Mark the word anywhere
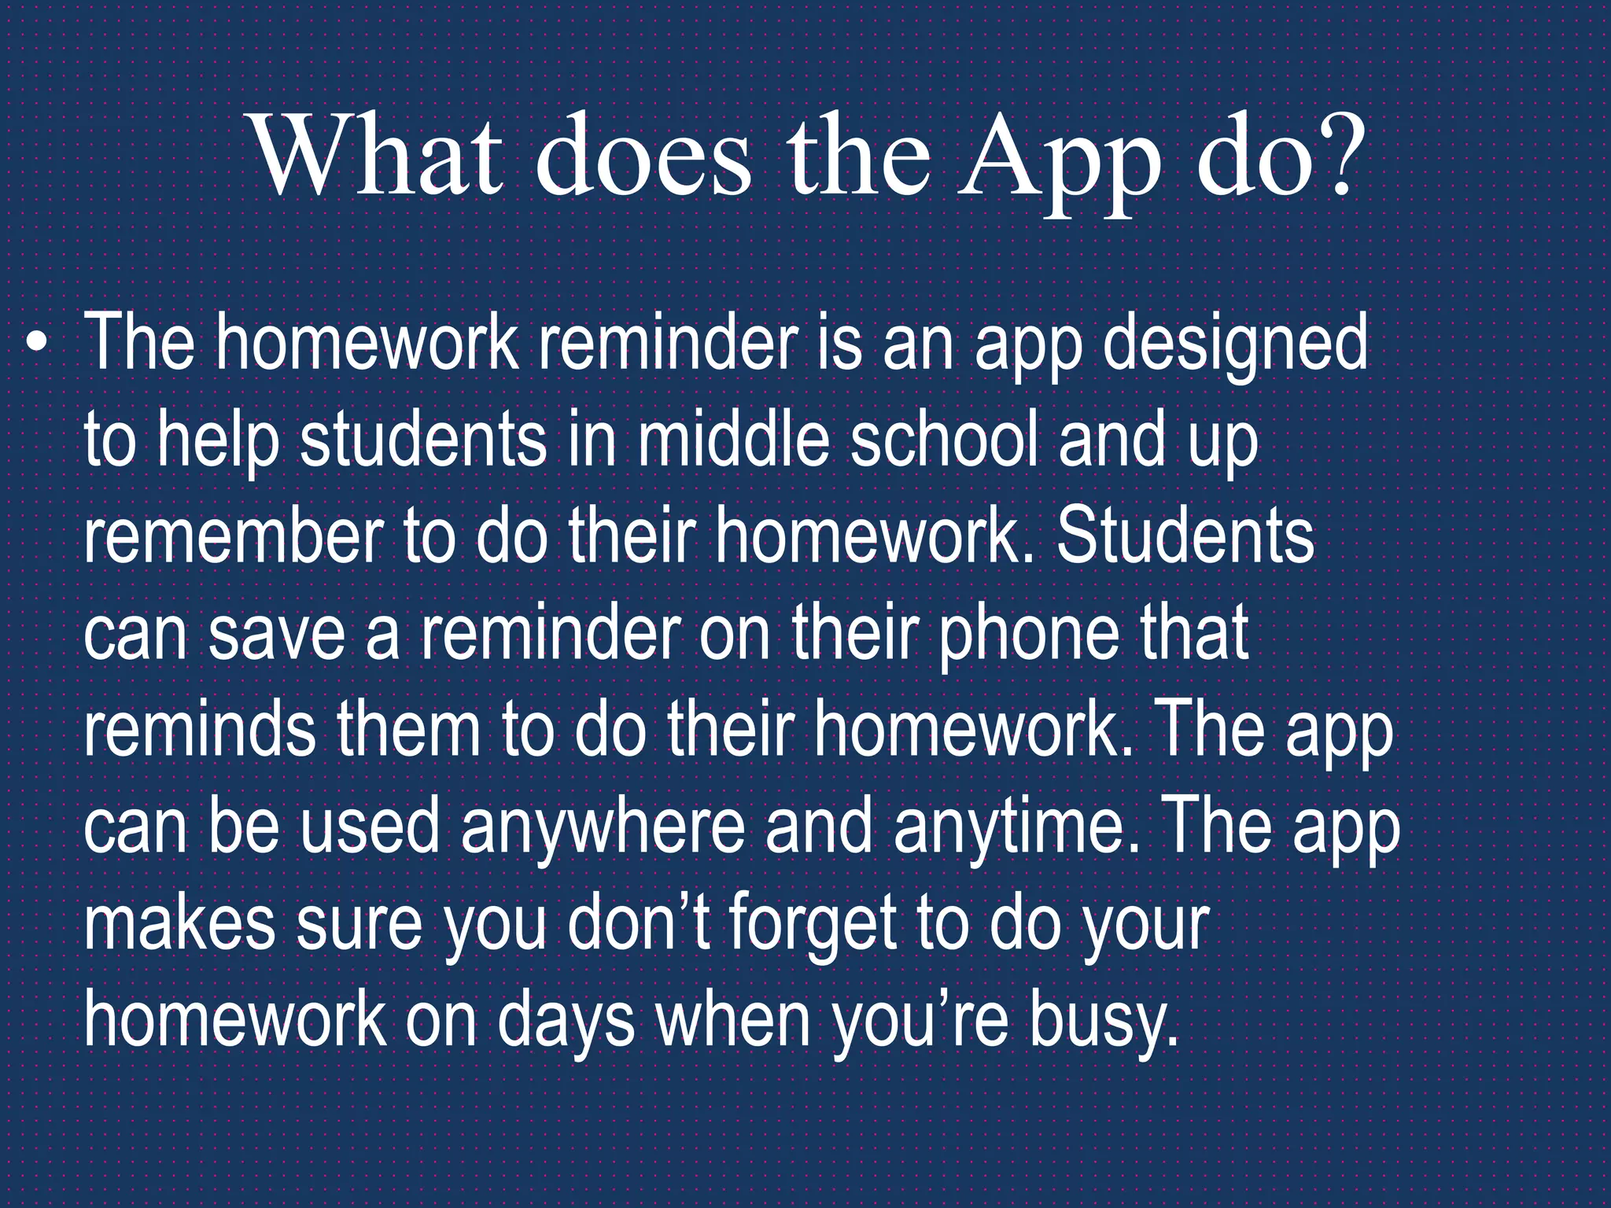[x=603, y=829]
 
